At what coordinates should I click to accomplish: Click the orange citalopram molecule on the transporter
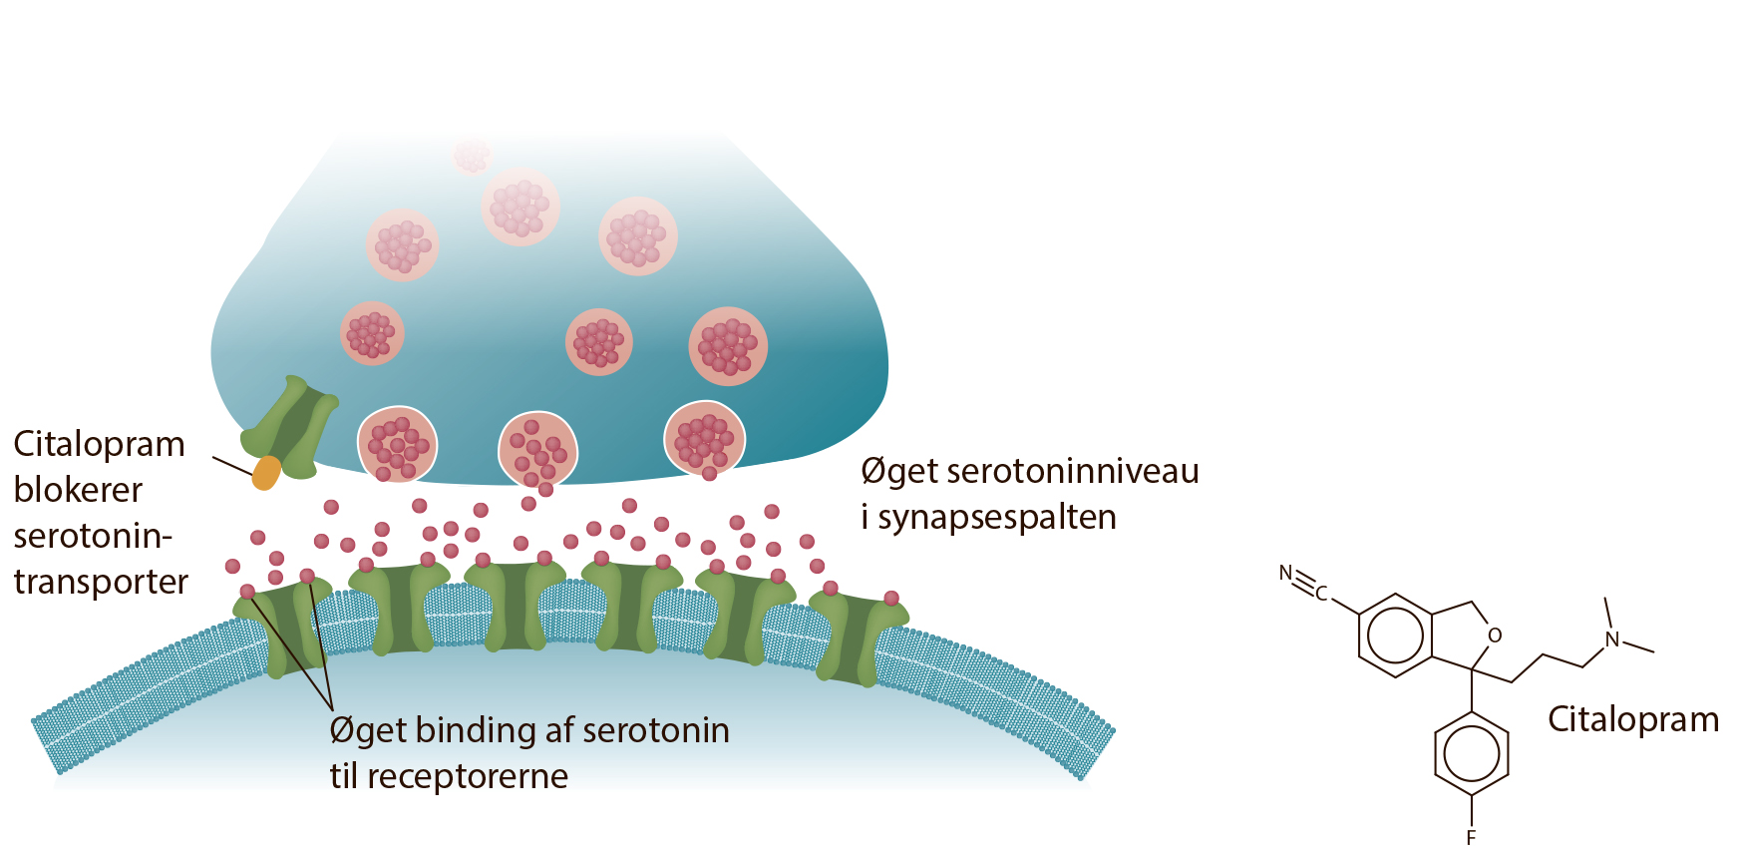click(x=266, y=473)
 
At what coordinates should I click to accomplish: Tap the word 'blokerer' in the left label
click(x=78, y=490)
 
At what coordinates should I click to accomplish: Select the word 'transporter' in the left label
click(x=101, y=582)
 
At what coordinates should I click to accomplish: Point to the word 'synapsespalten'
click(x=997, y=518)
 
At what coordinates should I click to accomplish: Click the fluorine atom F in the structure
click(x=1471, y=838)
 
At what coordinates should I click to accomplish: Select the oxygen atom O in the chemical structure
click(x=1495, y=636)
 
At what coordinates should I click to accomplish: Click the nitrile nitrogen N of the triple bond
click(x=1286, y=574)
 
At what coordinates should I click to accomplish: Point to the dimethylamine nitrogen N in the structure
click(x=1612, y=640)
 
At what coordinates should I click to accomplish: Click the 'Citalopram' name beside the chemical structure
click(x=1633, y=719)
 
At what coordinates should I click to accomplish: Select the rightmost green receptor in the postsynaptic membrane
click(x=858, y=637)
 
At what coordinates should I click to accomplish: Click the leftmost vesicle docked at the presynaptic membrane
click(x=398, y=445)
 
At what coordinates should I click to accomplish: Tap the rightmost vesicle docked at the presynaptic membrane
click(x=705, y=438)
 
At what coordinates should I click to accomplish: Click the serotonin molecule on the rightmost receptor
click(x=891, y=599)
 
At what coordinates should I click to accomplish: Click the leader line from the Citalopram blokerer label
click(x=233, y=466)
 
